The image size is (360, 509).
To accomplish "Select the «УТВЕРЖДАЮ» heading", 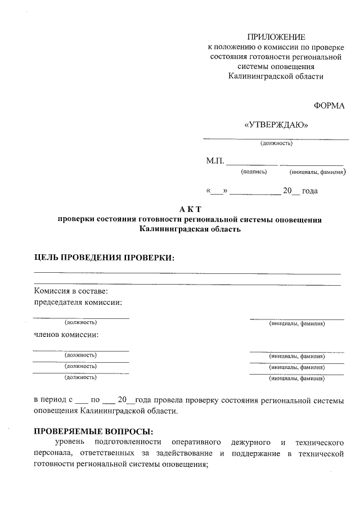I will [276, 125].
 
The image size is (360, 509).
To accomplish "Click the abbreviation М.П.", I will [215, 162].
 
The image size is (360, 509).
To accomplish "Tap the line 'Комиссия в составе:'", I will [70, 291].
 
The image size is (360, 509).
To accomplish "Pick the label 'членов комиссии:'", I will [66, 335].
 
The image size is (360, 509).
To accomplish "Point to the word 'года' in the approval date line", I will [310, 191].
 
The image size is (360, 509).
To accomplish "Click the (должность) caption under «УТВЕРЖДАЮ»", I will [276, 143].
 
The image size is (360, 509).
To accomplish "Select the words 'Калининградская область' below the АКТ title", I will [190, 229].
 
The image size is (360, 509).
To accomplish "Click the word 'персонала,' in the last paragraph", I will [53, 453].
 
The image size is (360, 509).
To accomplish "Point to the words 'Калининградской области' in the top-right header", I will [276, 76].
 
